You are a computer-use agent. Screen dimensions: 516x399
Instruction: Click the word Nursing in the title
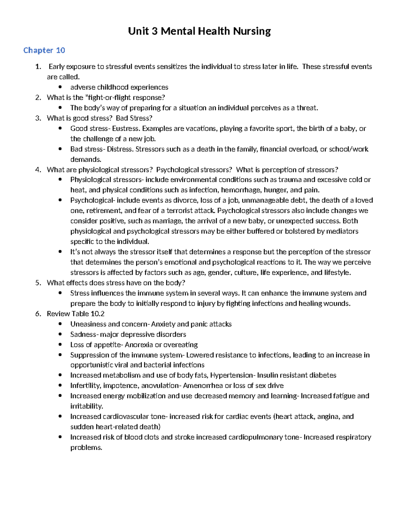pyautogui.click(x=252, y=31)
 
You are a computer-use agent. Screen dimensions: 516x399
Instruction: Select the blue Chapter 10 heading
pyautogui.click(x=44, y=50)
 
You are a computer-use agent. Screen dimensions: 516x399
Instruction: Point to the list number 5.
pyautogui.click(x=38, y=283)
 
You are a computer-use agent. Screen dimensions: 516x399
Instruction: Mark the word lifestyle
pyautogui.click(x=337, y=272)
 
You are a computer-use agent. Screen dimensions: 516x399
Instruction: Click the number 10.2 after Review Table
pyautogui.click(x=98, y=314)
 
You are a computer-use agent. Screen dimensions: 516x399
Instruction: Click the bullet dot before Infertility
pyautogui.click(x=60, y=385)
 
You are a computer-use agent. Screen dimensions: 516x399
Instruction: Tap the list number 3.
pyautogui.click(x=38, y=118)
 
